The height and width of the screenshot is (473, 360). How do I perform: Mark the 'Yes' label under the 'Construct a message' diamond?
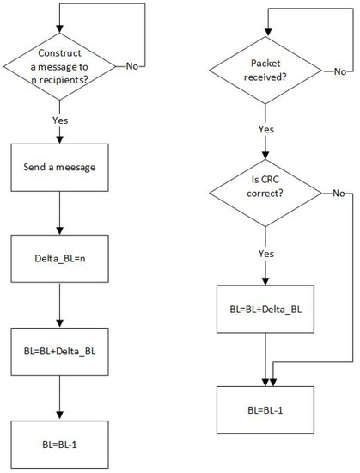[58, 121]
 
